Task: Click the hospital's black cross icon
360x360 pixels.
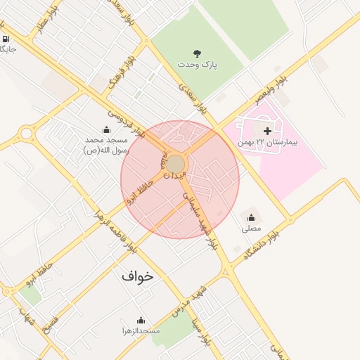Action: point(267,130)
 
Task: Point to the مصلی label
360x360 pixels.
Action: point(251,229)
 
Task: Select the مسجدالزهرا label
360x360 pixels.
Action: point(141,330)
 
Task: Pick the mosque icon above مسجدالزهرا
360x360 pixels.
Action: point(141,319)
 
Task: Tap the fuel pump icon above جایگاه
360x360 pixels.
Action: point(6,39)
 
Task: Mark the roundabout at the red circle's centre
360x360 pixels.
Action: point(175,165)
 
